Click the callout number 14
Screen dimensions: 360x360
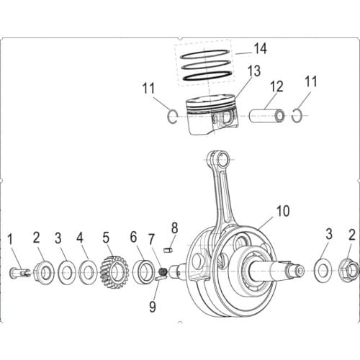point(260,48)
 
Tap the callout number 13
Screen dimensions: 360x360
point(253,71)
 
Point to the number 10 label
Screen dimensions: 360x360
point(282,212)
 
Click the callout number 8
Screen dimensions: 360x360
point(174,228)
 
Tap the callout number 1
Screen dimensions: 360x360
point(11,239)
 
